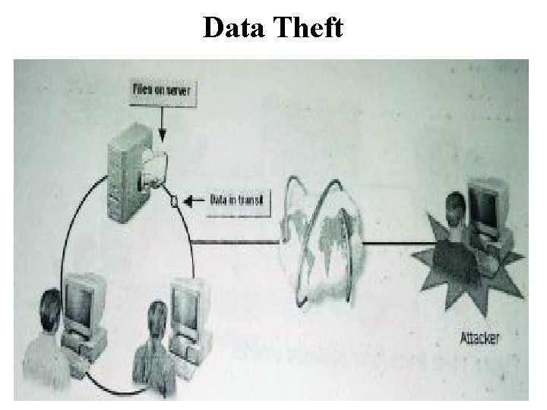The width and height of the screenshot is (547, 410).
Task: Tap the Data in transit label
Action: pyautogui.click(x=237, y=200)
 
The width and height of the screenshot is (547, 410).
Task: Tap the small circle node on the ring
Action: pyautogui.click(x=175, y=200)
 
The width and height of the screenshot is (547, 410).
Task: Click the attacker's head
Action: pyautogui.click(x=454, y=205)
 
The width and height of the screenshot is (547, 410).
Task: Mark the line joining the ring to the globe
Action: pyautogui.click(x=236, y=241)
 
